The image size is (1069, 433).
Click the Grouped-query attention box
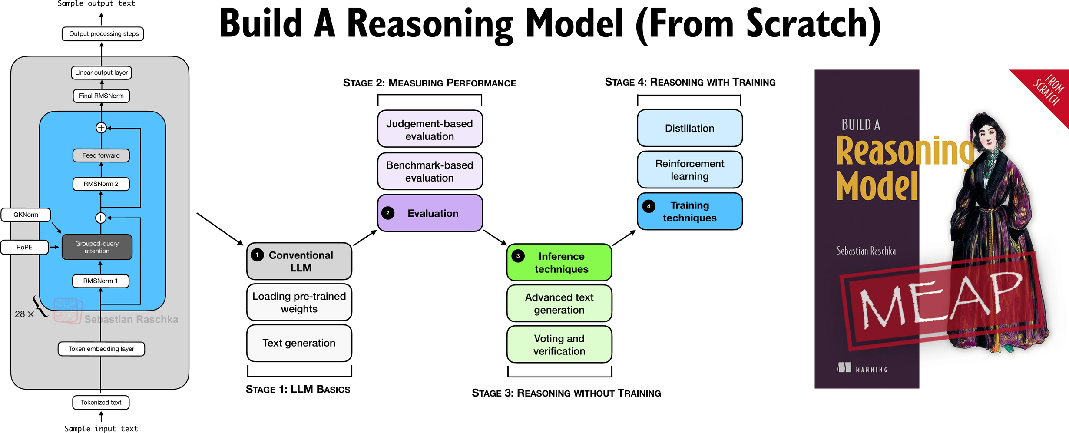tap(97, 247)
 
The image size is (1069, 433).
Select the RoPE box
tap(24, 247)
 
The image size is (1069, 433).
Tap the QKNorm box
tap(26, 215)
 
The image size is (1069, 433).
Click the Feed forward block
tap(101, 155)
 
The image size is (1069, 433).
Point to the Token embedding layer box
tap(101, 349)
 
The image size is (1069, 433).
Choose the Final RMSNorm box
tap(101, 96)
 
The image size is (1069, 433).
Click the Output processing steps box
tap(103, 34)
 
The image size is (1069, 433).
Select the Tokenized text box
tap(101, 403)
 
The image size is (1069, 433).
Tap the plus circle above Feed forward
tap(101, 128)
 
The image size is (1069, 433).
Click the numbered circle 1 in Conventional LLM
tap(257, 255)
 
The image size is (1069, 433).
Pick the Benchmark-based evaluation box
tap(430, 172)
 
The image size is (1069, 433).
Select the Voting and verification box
tap(559, 345)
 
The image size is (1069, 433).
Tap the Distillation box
tap(689, 128)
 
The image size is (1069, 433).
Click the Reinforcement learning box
tap(689, 170)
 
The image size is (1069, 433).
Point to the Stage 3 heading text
tap(566, 393)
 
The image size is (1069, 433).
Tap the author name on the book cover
tap(866, 251)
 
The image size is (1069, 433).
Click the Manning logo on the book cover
tap(862, 368)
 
